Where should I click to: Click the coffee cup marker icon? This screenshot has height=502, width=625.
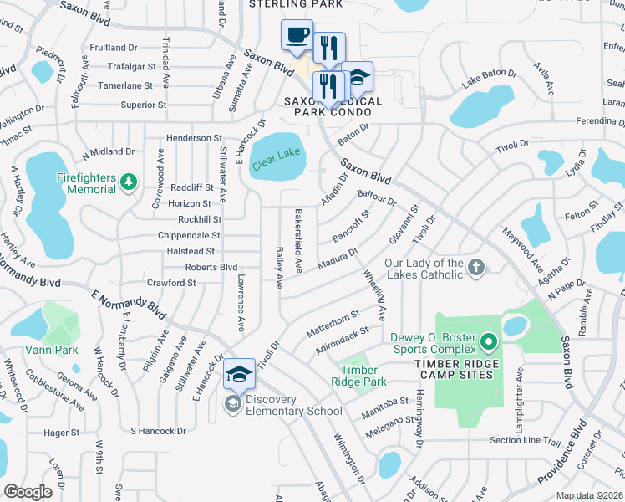[x=297, y=35]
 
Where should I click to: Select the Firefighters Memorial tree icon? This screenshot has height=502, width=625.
[x=128, y=182]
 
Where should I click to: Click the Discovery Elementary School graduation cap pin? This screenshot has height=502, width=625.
[x=239, y=374]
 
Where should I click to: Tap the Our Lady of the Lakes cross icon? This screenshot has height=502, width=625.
[x=476, y=268]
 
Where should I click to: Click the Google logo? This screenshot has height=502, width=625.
[x=28, y=492]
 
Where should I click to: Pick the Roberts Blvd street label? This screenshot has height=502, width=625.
[x=211, y=267]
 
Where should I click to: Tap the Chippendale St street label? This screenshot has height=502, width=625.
[x=189, y=236]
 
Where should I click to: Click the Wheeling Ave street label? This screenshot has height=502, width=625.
[x=374, y=295]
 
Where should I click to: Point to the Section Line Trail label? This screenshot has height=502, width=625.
[x=525, y=441]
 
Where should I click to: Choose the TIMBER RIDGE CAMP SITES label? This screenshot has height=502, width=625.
[x=457, y=364]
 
